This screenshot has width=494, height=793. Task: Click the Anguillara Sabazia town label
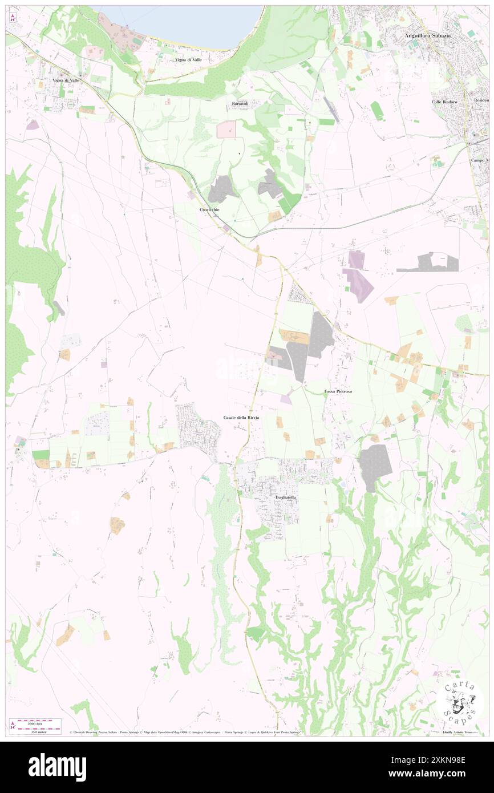click(x=427, y=35)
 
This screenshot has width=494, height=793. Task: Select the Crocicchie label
click(x=209, y=210)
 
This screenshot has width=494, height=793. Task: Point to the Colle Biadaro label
click(x=444, y=102)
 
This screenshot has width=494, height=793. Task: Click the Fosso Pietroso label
click(x=338, y=392)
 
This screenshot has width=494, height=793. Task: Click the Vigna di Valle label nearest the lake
click(x=188, y=60)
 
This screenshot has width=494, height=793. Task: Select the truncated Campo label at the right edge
click(x=480, y=160)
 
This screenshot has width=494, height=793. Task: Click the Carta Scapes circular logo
click(x=459, y=702)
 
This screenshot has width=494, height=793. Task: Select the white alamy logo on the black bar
click(x=57, y=767)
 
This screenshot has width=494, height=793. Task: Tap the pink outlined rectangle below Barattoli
click(x=226, y=130)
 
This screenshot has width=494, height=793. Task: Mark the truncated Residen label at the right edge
click(x=481, y=100)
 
